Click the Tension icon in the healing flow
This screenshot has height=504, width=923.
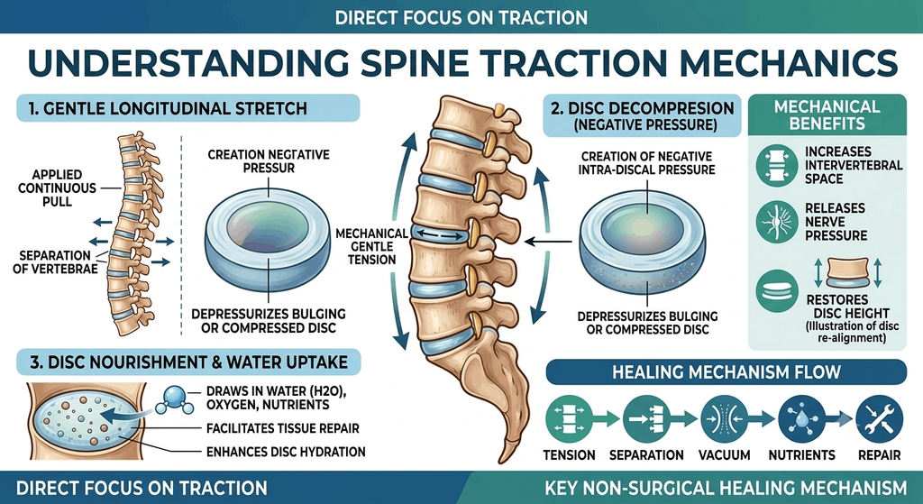tap(569, 419)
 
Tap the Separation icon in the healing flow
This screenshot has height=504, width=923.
tap(645, 419)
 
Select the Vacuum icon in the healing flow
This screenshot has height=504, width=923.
tap(724, 419)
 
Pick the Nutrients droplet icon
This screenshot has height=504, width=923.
tap(801, 419)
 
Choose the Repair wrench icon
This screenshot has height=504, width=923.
tap(880, 419)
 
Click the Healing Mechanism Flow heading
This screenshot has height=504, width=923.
tap(727, 372)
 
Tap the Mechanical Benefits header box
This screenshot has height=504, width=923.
tap(827, 115)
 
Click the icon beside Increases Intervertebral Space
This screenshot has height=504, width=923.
tap(777, 166)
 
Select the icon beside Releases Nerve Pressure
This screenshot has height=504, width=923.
tap(777, 222)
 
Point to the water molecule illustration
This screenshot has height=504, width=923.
tap(174, 399)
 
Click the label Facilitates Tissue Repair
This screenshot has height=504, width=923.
tap(282, 428)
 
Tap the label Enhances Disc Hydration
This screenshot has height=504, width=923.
tap(286, 452)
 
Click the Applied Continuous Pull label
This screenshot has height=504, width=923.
tap(57, 188)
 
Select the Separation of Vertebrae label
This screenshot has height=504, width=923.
tap(55, 262)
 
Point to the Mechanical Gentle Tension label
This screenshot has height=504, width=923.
tap(372, 246)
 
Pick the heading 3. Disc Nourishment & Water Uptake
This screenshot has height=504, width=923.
tap(188, 361)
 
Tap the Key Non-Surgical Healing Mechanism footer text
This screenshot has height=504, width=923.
tap(726, 488)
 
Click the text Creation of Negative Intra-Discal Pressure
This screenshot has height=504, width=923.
tap(647, 163)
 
